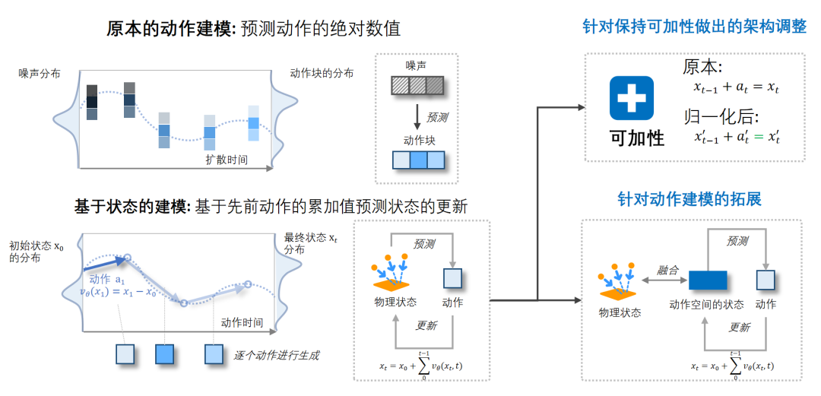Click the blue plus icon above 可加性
(x=632, y=98)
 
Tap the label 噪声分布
(x=40, y=74)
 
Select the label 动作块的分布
(x=322, y=74)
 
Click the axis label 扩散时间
(x=227, y=160)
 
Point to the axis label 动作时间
(x=242, y=322)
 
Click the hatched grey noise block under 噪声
(x=417, y=85)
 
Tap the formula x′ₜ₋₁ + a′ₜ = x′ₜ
(x=737, y=138)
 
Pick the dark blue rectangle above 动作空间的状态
(x=708, y=280)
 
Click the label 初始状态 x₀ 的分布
(x=33, y=252)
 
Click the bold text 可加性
(x=638, y=138)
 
